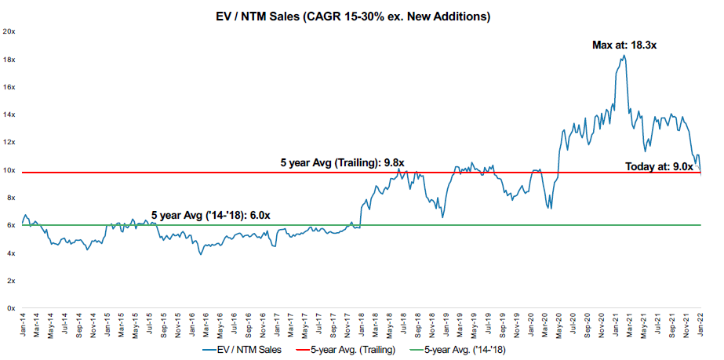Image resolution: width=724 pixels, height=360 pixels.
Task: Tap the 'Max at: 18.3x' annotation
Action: tap(624, 46)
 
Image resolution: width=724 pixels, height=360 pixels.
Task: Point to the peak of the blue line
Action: tap(623, 55)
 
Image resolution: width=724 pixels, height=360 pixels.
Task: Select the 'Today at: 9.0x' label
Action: tap(660, 166)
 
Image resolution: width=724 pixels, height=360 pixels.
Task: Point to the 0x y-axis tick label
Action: tap(12, 308)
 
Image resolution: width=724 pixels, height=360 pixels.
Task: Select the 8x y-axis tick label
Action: tap(12, 198)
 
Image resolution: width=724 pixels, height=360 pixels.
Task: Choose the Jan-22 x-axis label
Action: tap(700, 324)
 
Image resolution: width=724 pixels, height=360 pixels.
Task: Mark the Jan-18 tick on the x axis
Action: tap(362, 324)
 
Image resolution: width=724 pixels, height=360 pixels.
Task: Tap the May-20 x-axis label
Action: tap(559, 324)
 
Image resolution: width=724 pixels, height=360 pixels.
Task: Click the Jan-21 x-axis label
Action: tap(616, 324)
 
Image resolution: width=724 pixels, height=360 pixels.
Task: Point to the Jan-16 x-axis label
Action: tap(193, 324)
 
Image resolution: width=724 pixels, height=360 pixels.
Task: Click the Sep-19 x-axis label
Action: tap(503, 324)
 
